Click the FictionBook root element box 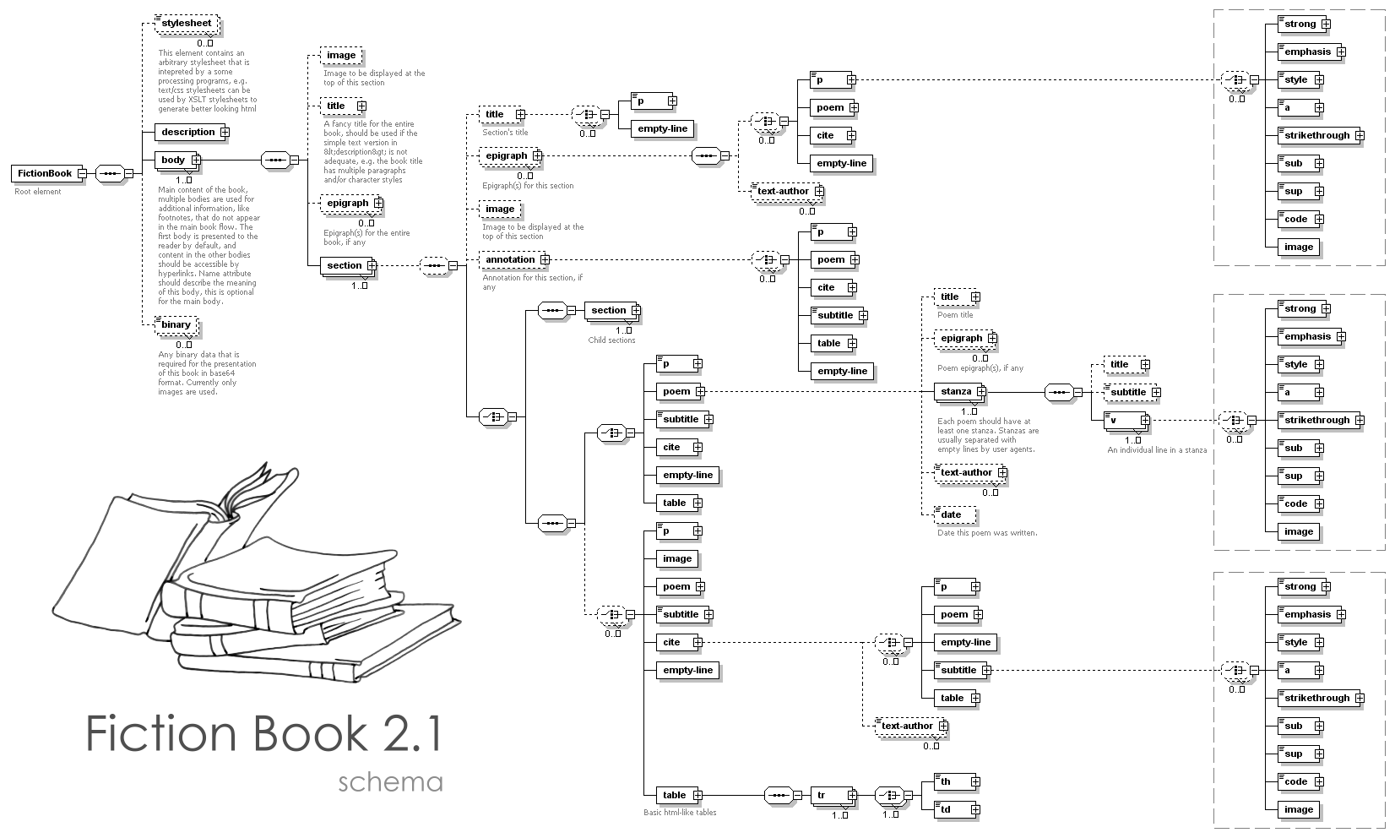tap(44, 174)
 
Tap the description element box tap(188, 132)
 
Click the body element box tap(173, 160)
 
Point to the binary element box tap(176, 325)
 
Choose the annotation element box tap(511, 259)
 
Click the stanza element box tap(957, 392)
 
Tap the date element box tap(953, 514)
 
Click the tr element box tap(831, 795)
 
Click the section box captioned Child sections tap(609, 311)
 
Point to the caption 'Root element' tap(38, 192)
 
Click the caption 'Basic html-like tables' tap(680, 813)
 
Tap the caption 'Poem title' tap(955, 315)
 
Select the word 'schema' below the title tap(390, 781)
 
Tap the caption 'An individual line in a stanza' tap(1157, 450)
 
